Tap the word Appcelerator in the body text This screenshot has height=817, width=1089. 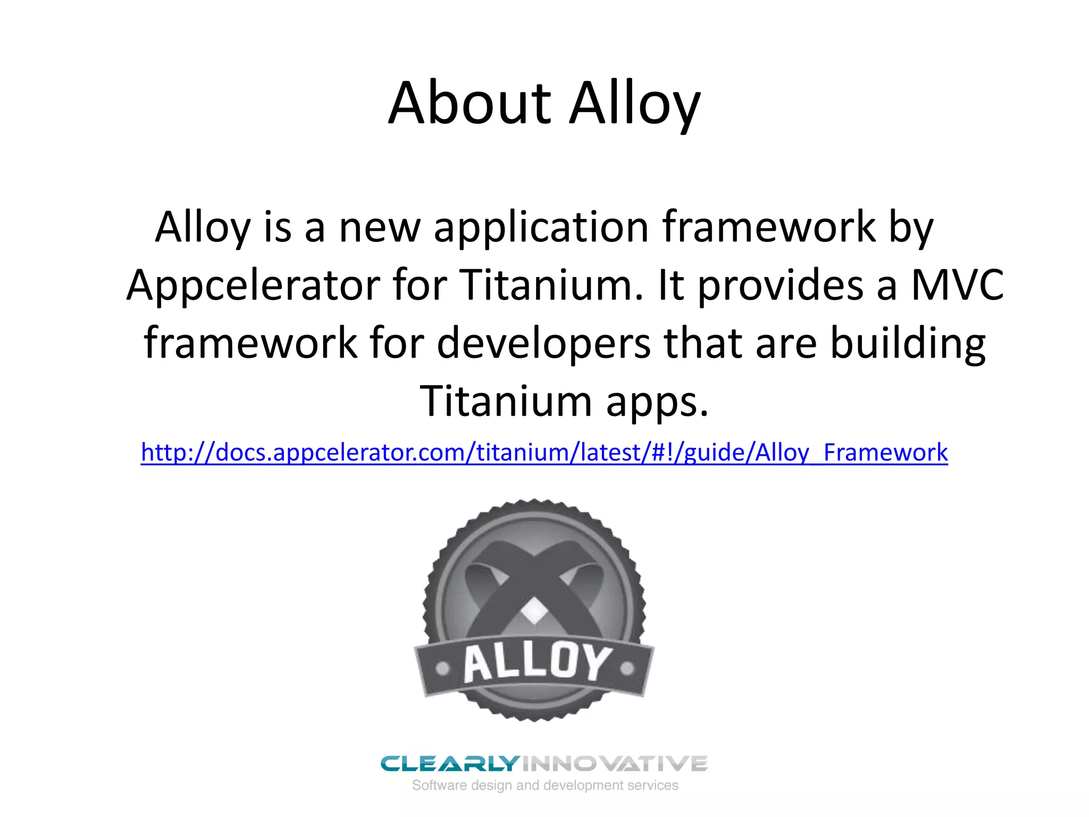(253, 285)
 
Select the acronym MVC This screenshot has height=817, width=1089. (957, 285)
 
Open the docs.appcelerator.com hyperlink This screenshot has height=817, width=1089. (544, 453)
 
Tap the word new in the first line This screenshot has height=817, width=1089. (380, 228)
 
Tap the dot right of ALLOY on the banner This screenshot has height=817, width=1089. (627, 668)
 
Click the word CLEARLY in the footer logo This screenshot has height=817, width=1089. (449, 764)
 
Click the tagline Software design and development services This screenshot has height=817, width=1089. (545, 786)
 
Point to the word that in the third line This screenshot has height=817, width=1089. (703, 343)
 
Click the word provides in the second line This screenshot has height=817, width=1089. (781, 285)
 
